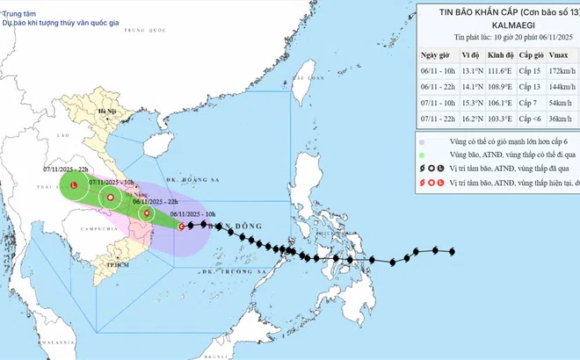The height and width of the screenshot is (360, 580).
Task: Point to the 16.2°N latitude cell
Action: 447,120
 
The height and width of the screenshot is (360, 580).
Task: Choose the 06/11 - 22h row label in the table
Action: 408,89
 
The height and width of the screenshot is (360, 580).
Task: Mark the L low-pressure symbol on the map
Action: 75,185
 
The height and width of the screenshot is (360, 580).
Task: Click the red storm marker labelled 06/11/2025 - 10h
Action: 182,226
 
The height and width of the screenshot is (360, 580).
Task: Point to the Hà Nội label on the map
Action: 108,112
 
